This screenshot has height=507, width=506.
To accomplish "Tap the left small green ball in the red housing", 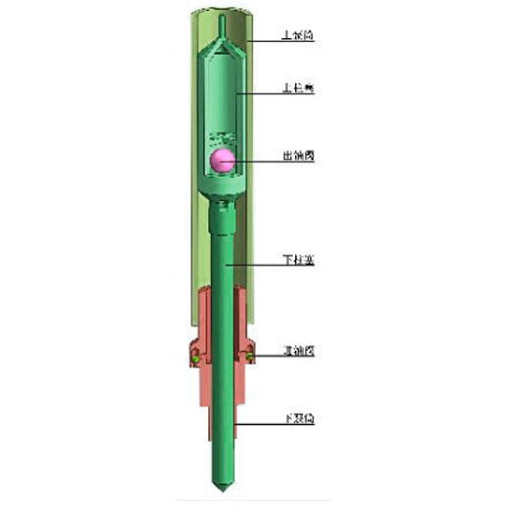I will (x=196, y=359).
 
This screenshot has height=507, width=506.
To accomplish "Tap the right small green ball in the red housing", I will (x=251, y=359).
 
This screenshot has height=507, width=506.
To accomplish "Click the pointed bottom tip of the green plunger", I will (x=224, y=488).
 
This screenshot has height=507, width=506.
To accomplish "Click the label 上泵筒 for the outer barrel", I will (x=297, y=36).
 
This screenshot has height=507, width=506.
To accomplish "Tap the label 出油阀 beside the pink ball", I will (x=297, y=156).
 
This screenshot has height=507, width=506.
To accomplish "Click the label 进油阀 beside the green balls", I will (x=297, y=349).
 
